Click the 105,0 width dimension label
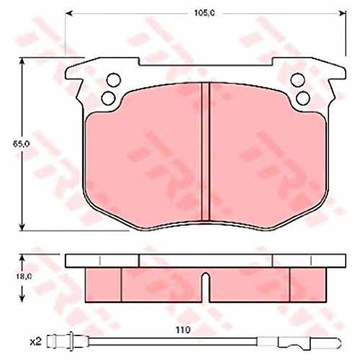pyautogui.click(x=204, y=14)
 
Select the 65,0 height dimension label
pyautogui.click(x=21, y=144)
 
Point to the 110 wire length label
pyautogui.click(x=183, y=330)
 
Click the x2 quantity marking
pyautogui.click(x=36, y=342)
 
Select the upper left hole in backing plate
pyautogui.click(x=114, y=79)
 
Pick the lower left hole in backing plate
pyautogui.click(x=108, y=98)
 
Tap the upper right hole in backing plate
pyautogui.click(x=297, y=79)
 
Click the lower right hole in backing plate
pyautogui.click(x=303, y=98)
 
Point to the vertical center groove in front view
pyautogui.click(x=205, y=152)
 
